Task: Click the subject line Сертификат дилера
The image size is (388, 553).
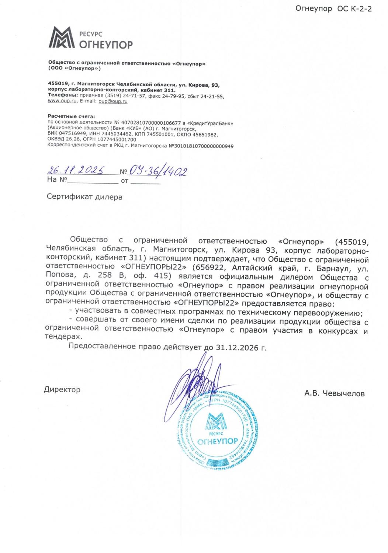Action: click(x=84, y=197)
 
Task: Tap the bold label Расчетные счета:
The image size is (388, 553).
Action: click(x=71, y=116)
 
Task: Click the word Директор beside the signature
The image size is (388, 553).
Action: click(x=62, y=390)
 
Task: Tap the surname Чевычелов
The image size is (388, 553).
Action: click(x=343, y=394)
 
